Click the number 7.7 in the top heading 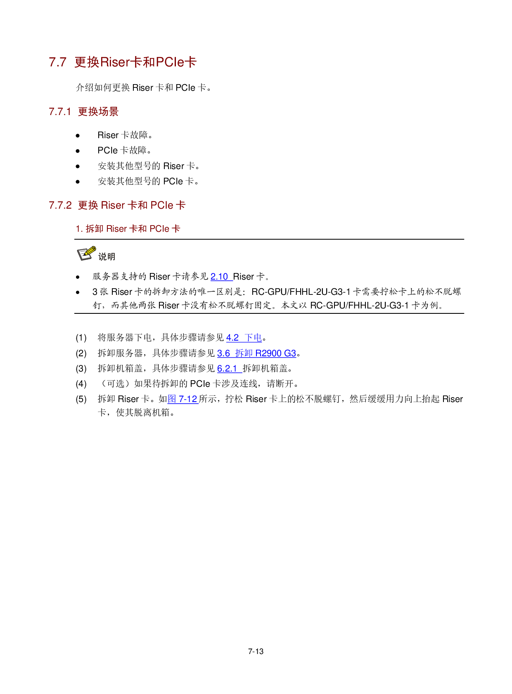57,62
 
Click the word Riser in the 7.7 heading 115,62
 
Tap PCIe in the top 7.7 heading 170,62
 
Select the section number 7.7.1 60,112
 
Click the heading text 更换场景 98,112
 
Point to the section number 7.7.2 60,205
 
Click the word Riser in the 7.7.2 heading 113,205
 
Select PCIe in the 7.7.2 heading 162,205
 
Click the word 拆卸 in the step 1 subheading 95,229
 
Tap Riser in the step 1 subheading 116,229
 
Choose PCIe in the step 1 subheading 159,229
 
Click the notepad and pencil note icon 87,254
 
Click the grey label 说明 107,257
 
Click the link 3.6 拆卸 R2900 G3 256,353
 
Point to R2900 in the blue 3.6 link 268,353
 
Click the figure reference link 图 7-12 183,399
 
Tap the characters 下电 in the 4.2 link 253,338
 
